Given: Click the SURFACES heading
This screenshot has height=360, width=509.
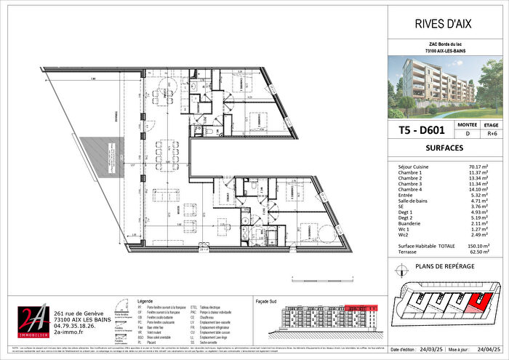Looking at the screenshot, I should pos(443,148).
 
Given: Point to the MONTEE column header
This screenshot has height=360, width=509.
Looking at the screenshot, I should pos(466,124).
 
